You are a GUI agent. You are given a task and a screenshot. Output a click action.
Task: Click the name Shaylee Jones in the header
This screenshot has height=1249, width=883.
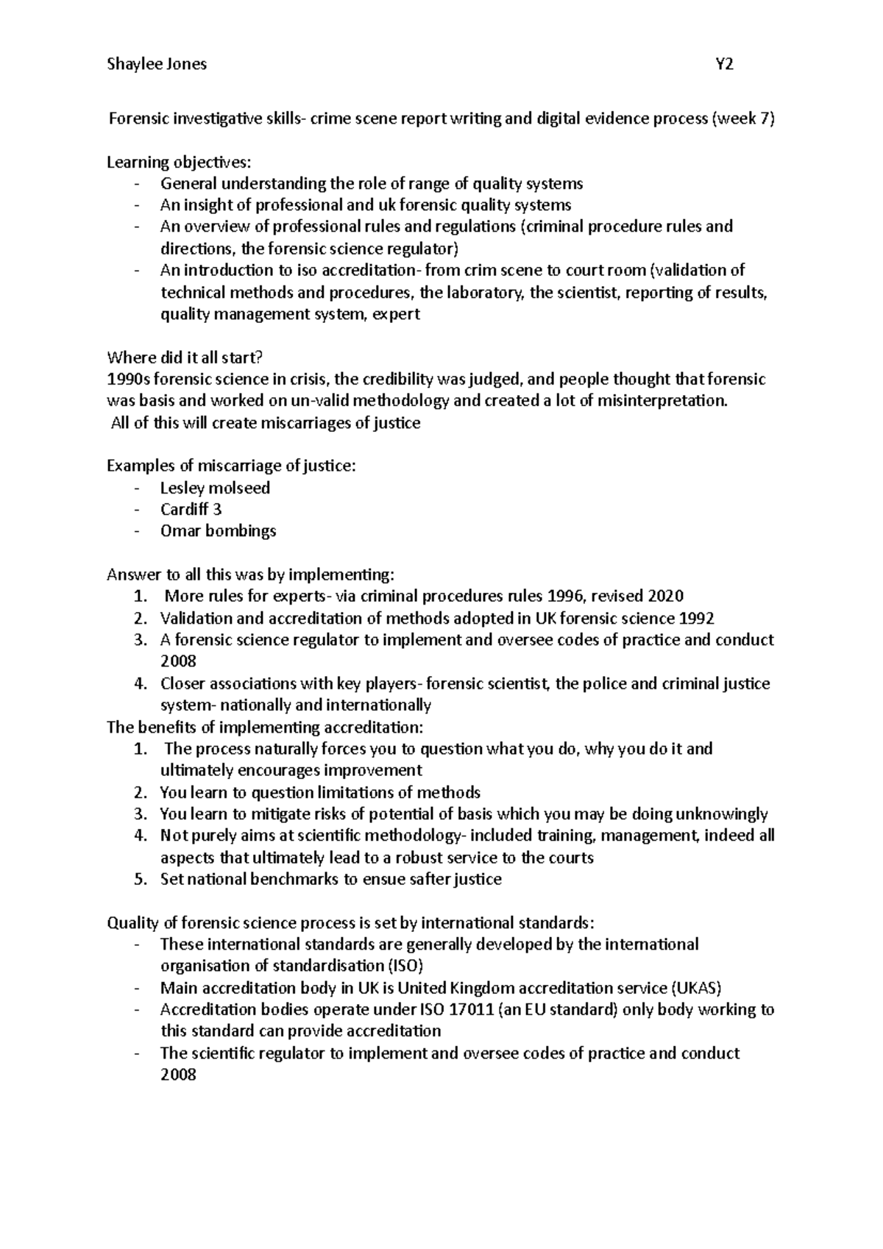157,64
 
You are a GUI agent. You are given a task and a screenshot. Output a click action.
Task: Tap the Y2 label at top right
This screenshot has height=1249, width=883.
724,64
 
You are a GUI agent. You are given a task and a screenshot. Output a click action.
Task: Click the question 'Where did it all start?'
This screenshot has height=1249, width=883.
185,358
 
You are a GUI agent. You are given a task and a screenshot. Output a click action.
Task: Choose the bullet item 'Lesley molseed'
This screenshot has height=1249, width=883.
215,488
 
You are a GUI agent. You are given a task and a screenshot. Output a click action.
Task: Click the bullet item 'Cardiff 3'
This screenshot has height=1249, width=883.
191,510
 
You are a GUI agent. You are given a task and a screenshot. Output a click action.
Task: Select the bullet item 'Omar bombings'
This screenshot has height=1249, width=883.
218,531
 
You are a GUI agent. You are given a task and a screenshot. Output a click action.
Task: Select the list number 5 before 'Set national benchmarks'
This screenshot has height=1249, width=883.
141,880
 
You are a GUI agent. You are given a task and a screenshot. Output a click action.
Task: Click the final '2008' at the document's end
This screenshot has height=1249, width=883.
178,1075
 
